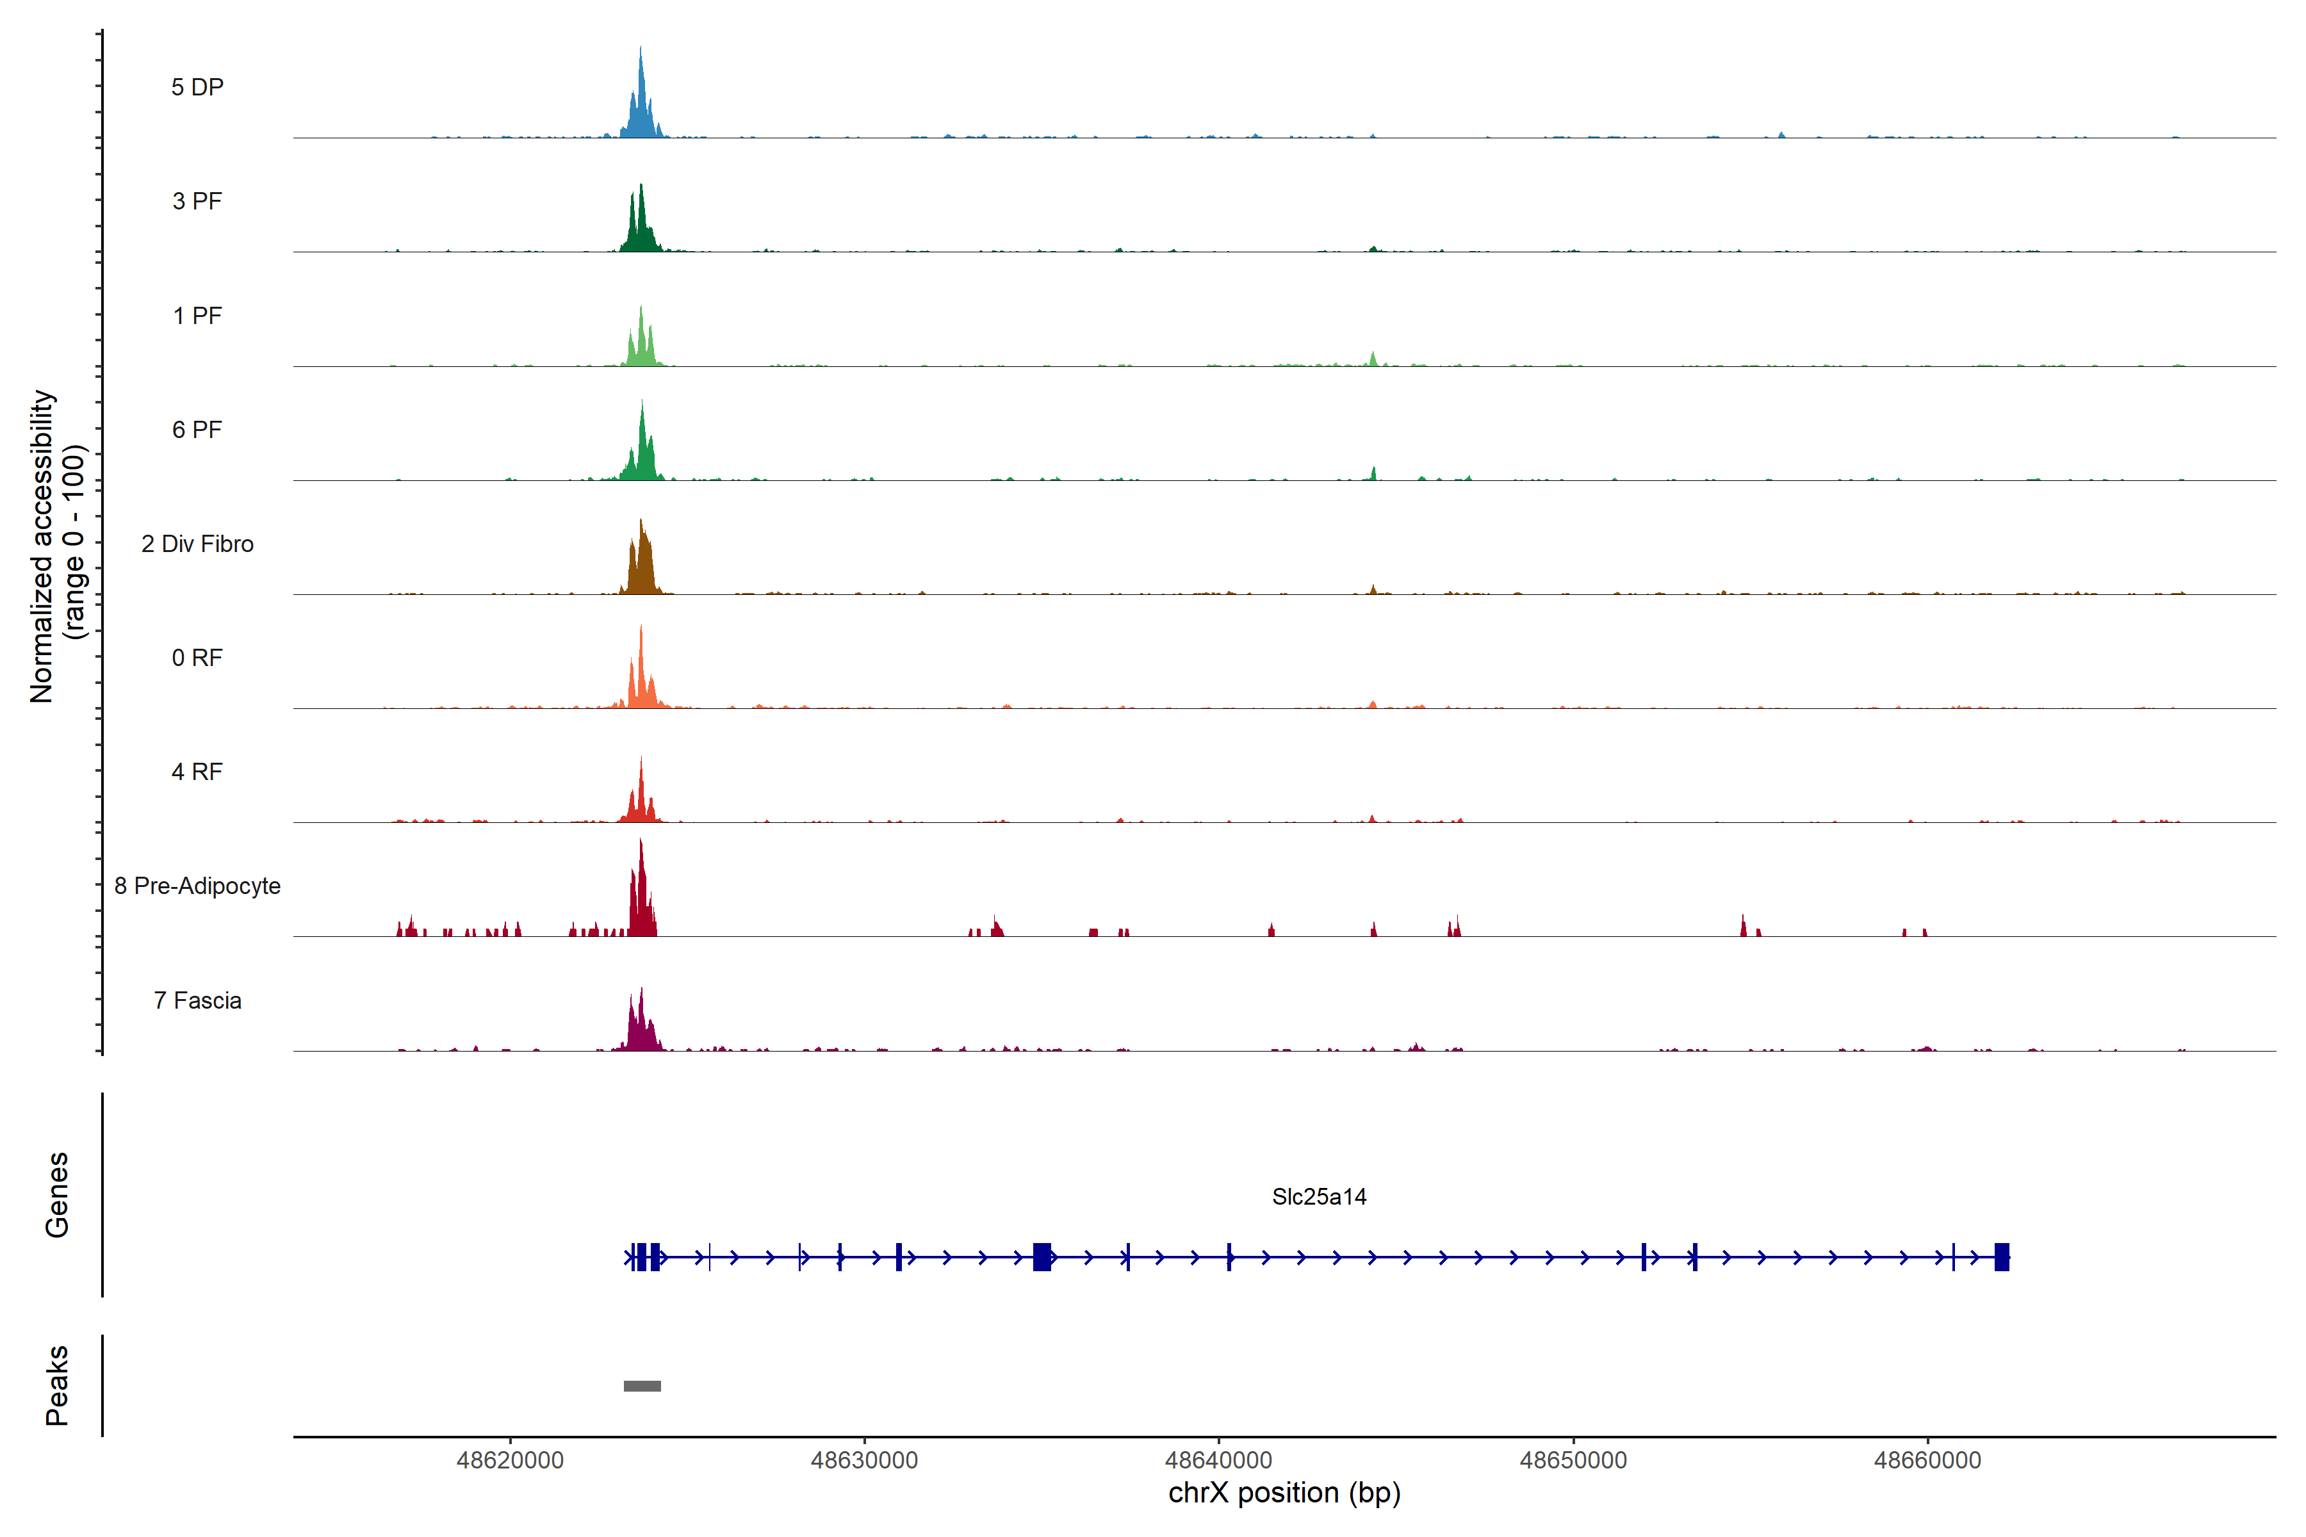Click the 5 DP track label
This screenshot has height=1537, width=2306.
tap(197, 87)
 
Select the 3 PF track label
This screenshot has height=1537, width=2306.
tap(197, 201)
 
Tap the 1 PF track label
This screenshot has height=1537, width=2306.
tap(197, 316)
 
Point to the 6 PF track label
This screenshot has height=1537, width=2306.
tap(197, 429)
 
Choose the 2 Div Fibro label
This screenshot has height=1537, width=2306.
tap(197, 544)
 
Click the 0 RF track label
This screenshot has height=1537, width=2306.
tap(197, 658)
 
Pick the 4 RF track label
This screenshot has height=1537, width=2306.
tap(197, 772)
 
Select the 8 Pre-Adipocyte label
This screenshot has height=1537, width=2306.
tap(197, 886)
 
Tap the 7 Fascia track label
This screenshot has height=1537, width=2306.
tap(197, 1000)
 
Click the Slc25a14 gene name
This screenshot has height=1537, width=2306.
tap(1319, 1197)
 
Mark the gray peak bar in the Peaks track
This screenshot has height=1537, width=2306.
tap(642, 1386)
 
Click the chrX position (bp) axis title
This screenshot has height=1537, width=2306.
tap(1284, 1493)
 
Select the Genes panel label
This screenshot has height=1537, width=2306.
tap(57, 1195)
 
